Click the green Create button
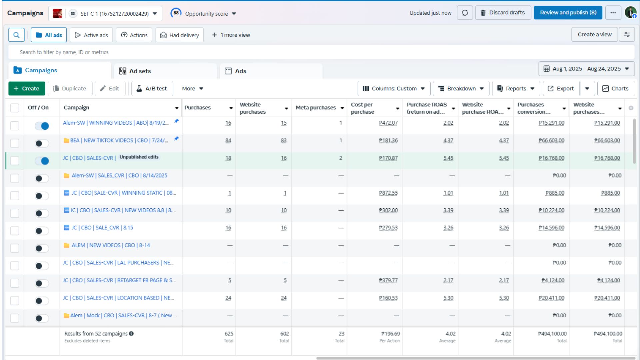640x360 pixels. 27,88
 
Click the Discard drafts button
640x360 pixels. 503,13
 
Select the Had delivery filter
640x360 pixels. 179,35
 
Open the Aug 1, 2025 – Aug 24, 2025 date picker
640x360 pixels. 586,69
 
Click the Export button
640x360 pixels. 561,88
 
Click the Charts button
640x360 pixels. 615,88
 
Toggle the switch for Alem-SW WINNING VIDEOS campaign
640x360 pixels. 42,126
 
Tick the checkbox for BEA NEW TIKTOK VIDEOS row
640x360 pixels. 15,143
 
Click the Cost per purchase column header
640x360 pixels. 362,108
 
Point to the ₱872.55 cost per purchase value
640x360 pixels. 388,193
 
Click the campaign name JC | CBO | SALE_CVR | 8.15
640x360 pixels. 102,228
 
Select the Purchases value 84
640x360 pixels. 228,141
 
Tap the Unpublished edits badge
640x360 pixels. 139,157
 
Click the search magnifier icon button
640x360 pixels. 16,35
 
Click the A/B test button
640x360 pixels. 152,88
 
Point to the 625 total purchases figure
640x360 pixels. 229,334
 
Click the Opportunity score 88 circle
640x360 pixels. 176,13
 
